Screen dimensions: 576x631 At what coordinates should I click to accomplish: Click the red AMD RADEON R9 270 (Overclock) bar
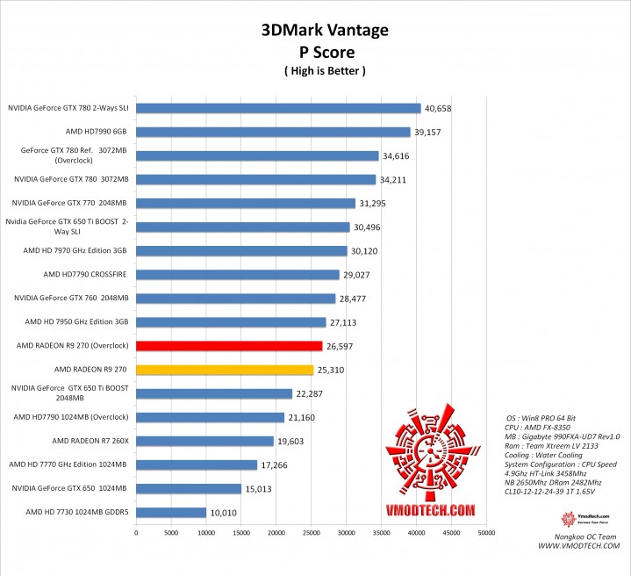pos(229,346)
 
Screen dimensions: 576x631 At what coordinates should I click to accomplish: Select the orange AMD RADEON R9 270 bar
pos(225,370)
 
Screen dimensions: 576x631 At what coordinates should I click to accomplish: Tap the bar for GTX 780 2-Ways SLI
pos(278,109)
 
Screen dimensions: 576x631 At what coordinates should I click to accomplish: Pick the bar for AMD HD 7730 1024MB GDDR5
pos(171,512)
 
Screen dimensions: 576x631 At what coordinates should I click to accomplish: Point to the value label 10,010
pos(222,512)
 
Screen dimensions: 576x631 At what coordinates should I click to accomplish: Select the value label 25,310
pos(330,370)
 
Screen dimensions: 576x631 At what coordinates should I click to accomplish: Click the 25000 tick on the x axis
pos(312,532)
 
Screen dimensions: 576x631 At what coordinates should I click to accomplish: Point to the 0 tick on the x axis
pos(136,532)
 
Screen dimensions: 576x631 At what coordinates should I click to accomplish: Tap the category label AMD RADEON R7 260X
pos(90,441)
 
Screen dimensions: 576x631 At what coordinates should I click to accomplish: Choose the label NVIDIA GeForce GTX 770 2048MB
pos(70,204)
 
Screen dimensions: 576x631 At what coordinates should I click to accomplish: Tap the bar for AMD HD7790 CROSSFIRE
pos(238,275)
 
